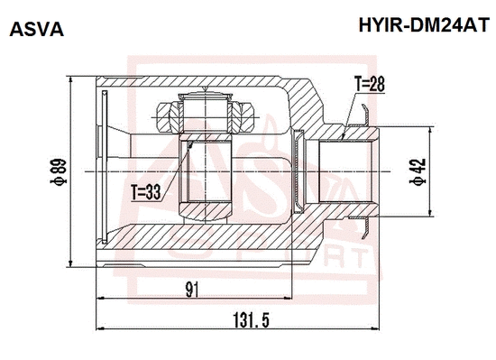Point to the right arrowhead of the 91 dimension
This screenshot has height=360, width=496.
point(289,299)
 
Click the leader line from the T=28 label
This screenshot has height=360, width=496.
point(348,113)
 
